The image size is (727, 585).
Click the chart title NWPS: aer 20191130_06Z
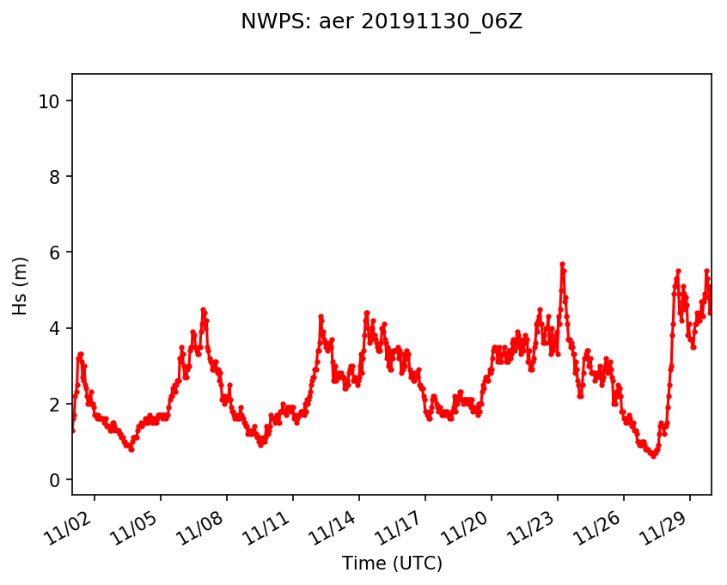click(382, 22)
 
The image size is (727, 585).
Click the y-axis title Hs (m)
click(21, 285)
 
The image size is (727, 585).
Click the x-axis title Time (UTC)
click(392, 564)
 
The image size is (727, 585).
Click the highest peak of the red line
click(562, 264)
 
